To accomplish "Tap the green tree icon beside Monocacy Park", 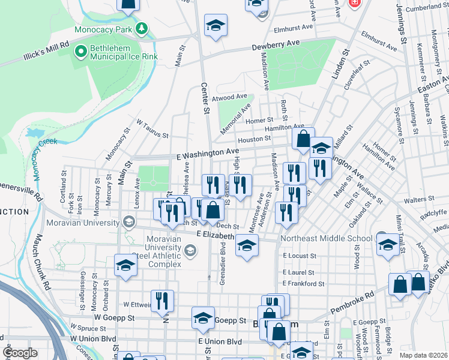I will pos(141,28).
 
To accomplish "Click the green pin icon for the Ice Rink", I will pos(80,52).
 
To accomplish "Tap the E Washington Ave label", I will pos(207,154).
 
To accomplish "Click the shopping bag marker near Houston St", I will pos(304,139).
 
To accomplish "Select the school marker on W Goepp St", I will pos(203,318).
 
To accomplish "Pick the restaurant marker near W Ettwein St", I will pos(162,300).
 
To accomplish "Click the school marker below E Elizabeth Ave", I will pos(246,245).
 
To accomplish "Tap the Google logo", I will pos(20,353).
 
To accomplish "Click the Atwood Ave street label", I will pos(230,97).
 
